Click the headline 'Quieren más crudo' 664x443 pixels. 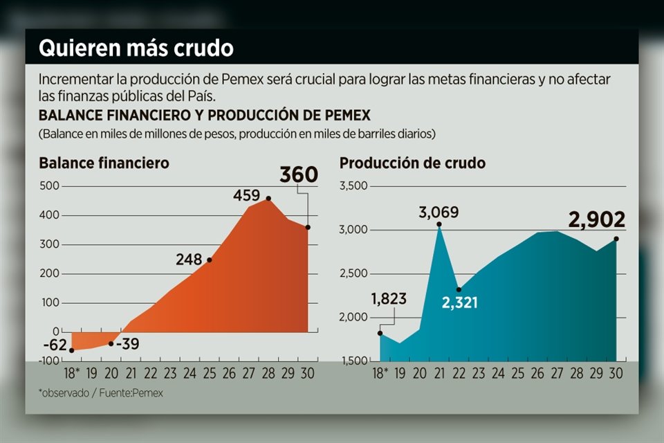[x=136, y=48]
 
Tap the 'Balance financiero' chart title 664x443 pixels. [x=104, y=163]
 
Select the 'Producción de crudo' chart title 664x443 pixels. [x=412, y=163]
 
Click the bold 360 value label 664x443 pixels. [x=298, y=174]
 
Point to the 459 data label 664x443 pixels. [x=246, y=196]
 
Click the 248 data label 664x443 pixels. [x=188, y=260]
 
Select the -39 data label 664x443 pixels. [x=127, y=343]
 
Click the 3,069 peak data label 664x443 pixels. [x=439, y=212]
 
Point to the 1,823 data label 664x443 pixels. [x=389, y=299]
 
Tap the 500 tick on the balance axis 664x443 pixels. [x=49, y=186]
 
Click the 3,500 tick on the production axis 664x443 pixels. [x=354, y=186]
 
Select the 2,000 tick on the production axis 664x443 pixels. [x=354, y=318]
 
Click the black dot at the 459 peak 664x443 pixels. [x=268, y=199]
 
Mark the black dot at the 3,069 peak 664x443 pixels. [x=439, y=224]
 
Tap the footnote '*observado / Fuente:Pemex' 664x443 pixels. [x=101, y=392]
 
